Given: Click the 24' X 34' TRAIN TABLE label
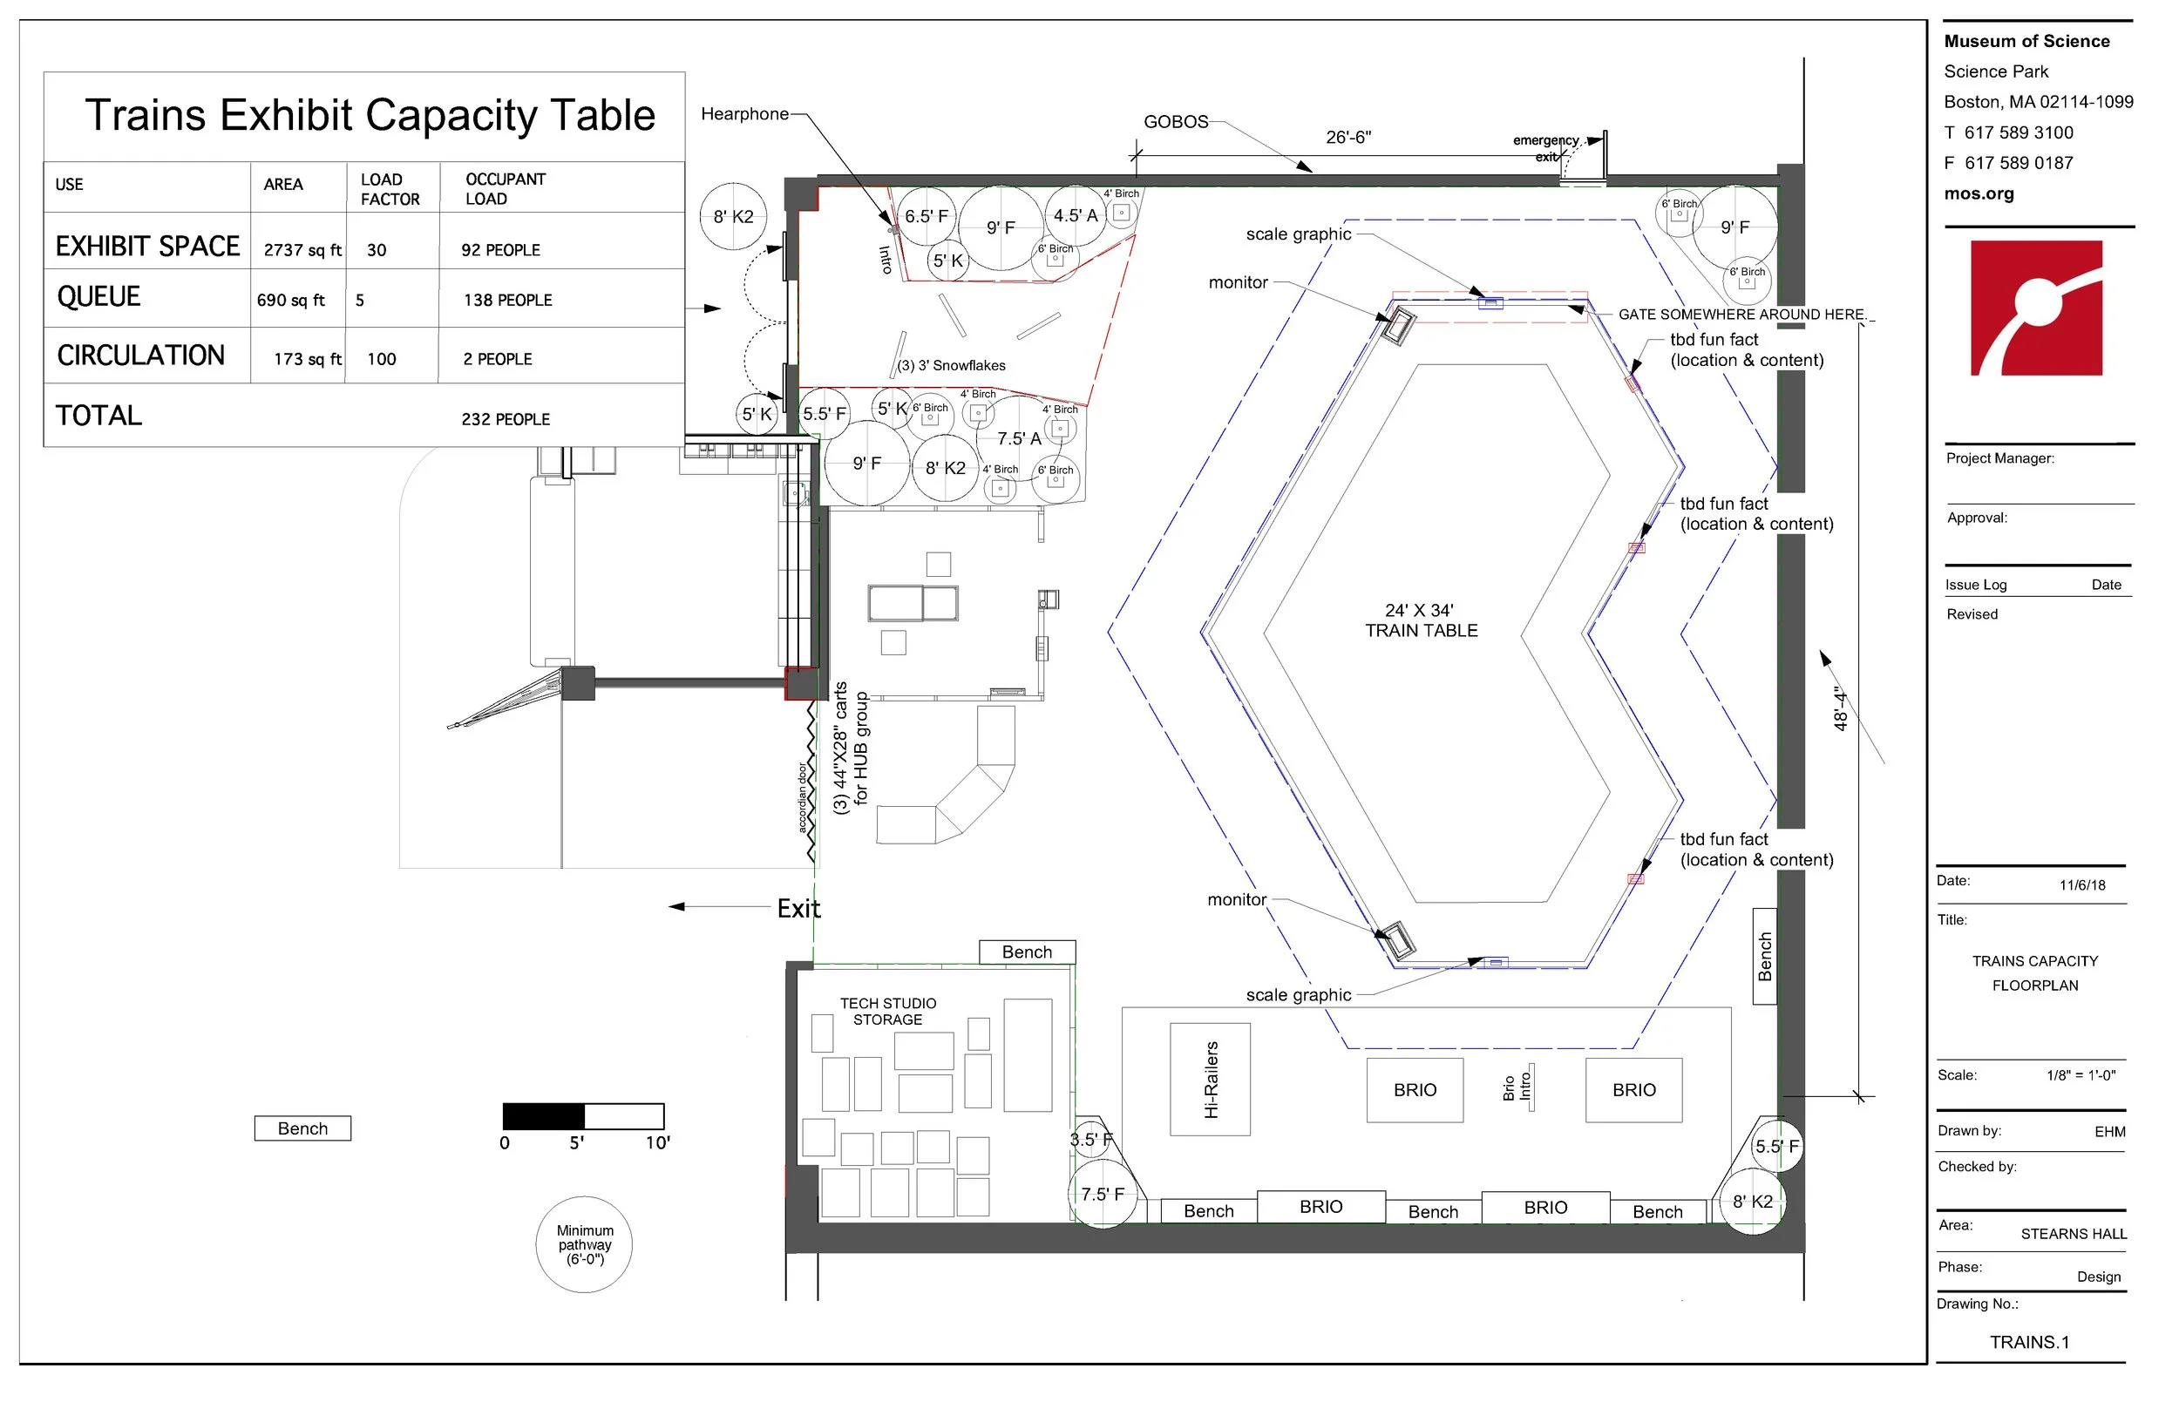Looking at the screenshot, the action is coord(1421,620).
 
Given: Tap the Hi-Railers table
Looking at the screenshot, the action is coord(1210,1079).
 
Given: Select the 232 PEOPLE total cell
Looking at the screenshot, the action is coord(506,419).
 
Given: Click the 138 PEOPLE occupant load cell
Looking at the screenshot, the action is coord(508,300).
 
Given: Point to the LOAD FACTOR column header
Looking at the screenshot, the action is coord(390,189).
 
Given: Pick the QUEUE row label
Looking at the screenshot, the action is coord(98,296).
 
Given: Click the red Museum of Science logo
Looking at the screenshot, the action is coord(2036,308).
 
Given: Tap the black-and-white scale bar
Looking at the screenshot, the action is coord(583,1116).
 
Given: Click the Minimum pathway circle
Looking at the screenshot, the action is coord(584,1244).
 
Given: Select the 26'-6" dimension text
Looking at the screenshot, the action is coord(1348,138).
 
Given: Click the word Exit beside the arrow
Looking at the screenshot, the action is coord(799,909).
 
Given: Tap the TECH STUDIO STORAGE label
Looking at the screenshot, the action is coord(887,1011).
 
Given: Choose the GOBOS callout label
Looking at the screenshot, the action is coord(1176,122).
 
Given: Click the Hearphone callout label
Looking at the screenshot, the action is coord(745,113).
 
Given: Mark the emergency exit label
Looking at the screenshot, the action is coord(1545,148).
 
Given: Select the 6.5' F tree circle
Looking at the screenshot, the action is coord(927,216).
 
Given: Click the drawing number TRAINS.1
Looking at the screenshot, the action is coord(2029,1342).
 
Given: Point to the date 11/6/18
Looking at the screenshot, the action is coord(2082,884).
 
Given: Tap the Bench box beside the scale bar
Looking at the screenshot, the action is coord(303,1128).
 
